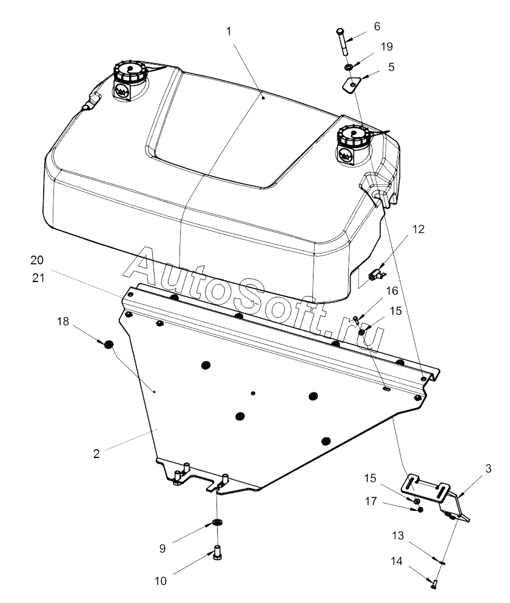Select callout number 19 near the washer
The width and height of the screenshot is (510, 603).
point(387,46)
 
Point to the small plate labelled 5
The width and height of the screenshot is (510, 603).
point(351,84)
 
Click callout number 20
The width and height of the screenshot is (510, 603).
point(38,260)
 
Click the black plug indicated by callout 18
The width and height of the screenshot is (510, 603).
point(109,345)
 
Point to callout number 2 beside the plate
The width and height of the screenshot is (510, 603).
point(96,453)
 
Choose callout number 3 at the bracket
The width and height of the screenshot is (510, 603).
point(489,469)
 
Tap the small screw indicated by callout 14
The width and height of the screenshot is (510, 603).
point(434,584)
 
